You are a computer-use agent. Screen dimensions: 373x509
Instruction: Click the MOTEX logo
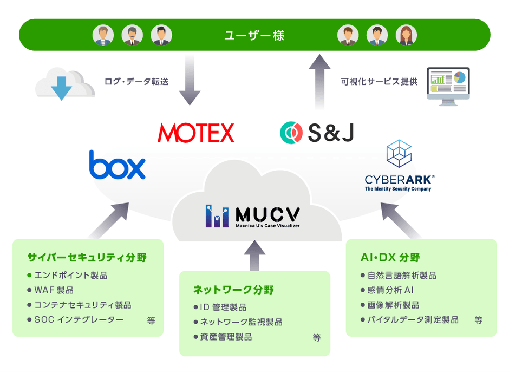(195, 133)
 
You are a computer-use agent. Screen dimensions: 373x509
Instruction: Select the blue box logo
(118, 165)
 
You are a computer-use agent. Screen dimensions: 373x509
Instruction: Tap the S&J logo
(317, 133)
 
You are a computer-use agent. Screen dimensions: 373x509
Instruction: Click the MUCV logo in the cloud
(252, 216)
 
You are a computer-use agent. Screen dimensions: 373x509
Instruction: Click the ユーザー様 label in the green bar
(255, 36)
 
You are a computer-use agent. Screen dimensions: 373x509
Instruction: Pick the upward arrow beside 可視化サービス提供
(319, 81)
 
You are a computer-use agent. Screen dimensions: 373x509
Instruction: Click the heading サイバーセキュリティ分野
(87, 258)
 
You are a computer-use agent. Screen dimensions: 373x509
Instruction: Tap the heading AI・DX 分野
(390, 258)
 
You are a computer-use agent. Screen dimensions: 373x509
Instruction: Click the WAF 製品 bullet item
(54, 290)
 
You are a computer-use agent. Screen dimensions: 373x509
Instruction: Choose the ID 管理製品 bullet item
(223, 307)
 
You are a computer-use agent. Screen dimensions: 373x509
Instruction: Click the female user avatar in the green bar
(406, 36)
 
